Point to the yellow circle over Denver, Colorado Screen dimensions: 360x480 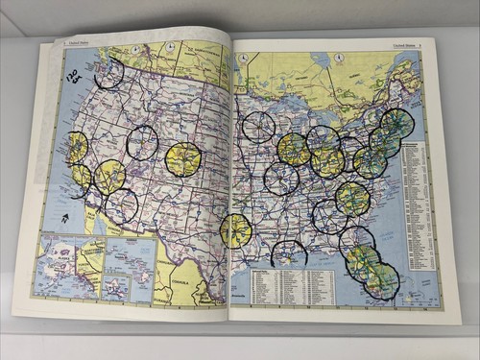click(x=181, y=159)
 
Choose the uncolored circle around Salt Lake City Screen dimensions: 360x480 click(x=142, y=143)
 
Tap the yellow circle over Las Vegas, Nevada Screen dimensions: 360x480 click(x=109, y=176)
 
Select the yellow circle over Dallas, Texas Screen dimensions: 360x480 click(x=235, y=230)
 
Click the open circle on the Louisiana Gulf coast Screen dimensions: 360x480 click(x=288, y=252)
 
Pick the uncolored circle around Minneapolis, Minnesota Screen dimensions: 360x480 click(x=257, y=127)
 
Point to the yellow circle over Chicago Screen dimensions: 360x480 click(x=294, y=149)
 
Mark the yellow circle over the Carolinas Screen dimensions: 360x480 click(x=352, y=198)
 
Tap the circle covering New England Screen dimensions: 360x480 click(x=396, y=123)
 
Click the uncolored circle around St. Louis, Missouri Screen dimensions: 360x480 click(x=281, y=179)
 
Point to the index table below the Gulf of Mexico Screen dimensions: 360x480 click(x=293, y=285)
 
